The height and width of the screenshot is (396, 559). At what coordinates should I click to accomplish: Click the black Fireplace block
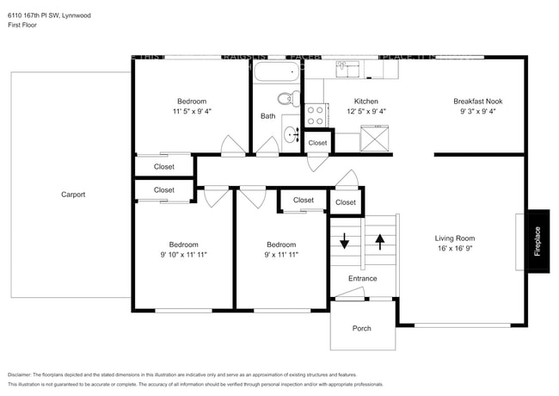point(537,234)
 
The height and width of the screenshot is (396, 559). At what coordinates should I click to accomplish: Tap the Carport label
point(73,195)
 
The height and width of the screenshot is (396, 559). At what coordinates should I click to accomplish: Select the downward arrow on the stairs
point(345,240)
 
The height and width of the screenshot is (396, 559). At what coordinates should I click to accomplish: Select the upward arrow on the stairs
point(380,240)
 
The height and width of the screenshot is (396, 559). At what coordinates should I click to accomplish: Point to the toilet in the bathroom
point(294,98)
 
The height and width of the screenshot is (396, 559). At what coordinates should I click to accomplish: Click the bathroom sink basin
point(290,134)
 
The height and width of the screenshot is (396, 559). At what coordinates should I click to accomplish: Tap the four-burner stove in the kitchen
point(315,114)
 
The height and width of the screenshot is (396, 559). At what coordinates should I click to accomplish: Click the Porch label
point(362,329)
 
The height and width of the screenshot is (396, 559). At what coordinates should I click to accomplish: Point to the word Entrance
point(362,278)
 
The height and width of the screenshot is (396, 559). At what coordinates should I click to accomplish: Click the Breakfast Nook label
point(477,101)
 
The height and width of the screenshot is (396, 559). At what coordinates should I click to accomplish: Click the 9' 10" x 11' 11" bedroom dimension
point(183,255)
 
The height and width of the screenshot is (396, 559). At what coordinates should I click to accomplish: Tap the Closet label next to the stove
point(317,143)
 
